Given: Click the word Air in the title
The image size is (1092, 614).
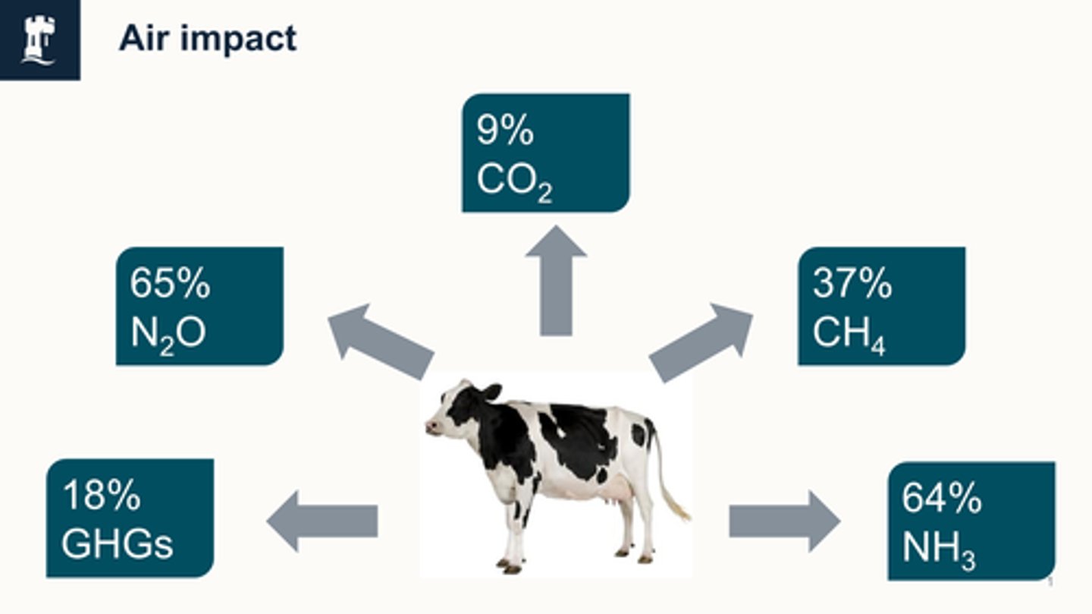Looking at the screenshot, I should tap(142, 38).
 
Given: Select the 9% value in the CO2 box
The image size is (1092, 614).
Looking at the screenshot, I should tap(505, 131).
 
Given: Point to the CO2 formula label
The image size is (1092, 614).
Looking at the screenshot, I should tap(514, 181).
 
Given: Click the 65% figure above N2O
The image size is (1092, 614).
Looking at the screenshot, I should tap(170, 283).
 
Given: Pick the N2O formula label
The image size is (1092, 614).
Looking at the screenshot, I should tap(168, 333).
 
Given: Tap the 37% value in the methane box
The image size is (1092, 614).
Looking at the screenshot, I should tap(852, 283).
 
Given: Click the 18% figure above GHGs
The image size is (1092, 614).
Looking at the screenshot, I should tap(101, 496).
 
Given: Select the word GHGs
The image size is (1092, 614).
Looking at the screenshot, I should tap(117, 544).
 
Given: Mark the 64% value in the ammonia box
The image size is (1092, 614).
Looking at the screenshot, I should tap(941, 498).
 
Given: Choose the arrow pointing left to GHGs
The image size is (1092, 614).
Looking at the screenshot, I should tap(322, 521).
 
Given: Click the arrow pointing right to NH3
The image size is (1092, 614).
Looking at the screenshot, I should tap(784, 521).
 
